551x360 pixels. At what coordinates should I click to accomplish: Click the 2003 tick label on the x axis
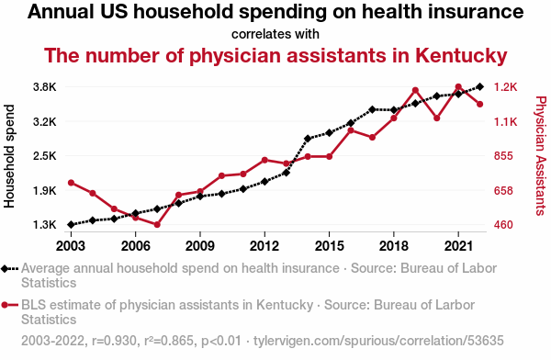[71, 246]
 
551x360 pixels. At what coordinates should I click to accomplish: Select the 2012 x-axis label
[264, 246]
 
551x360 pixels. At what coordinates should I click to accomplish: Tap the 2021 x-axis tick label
[458, 246]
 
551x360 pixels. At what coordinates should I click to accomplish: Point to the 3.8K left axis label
[45, 87]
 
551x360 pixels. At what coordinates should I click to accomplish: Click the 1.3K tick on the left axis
[45, 225]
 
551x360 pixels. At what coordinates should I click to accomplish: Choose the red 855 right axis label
[503, 156]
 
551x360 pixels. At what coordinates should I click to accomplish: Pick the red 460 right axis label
[503, 225]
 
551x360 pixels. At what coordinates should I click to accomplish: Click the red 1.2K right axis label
[505, 87]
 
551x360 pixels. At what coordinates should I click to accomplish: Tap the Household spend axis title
[9, 156]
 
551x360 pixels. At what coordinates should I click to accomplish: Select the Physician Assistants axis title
[541, 156]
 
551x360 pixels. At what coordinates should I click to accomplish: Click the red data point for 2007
[157, 225]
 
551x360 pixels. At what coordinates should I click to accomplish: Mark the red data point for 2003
[71, 183]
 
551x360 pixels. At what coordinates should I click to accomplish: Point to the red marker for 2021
[458, 87]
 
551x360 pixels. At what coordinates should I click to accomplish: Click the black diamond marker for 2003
[71, 225]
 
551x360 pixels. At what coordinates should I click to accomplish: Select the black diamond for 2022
[479, 87]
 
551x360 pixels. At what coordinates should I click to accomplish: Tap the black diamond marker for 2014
[308, 139]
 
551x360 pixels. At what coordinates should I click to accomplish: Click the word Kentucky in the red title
[461, 56]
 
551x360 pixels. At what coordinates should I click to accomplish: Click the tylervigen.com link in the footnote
[378, 341]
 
